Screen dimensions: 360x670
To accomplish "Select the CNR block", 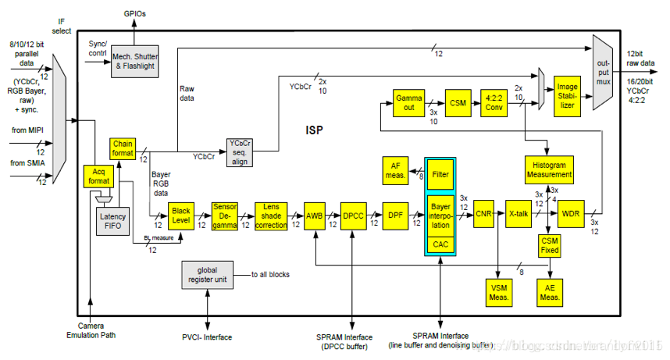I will (483, 213).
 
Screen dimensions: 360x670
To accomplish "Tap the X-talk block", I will (519, 213).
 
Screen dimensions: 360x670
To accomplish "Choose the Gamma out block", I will (408, 103).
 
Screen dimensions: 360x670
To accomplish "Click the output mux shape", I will (604, 72).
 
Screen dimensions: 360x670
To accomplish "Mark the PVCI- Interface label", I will (206, 337).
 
